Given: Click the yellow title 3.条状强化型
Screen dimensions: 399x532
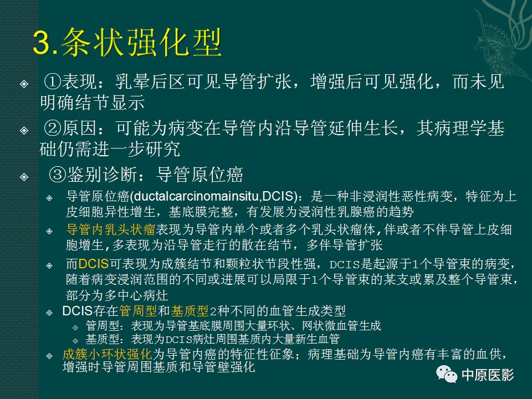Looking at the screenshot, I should [127, 43].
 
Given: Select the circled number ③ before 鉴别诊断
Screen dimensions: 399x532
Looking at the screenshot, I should [57, 175].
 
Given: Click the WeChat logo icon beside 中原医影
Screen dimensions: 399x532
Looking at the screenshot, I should [446, 375].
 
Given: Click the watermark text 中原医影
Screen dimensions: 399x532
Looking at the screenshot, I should [488, 375].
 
